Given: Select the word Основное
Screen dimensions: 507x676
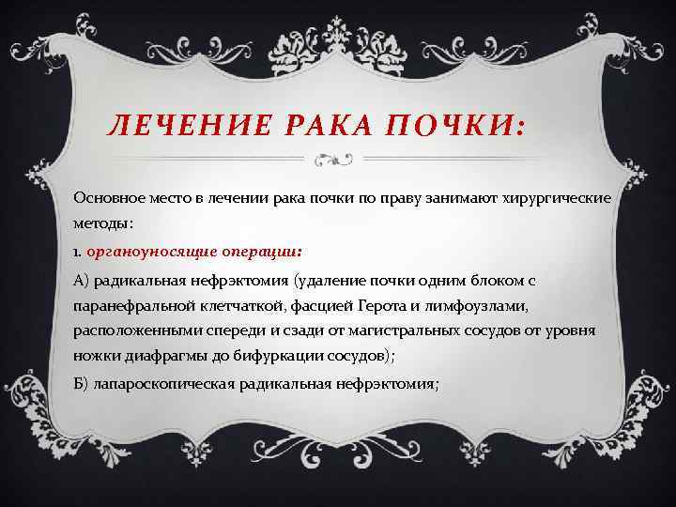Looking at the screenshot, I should point(108,199).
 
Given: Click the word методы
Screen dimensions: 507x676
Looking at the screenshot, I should point(101,225).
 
